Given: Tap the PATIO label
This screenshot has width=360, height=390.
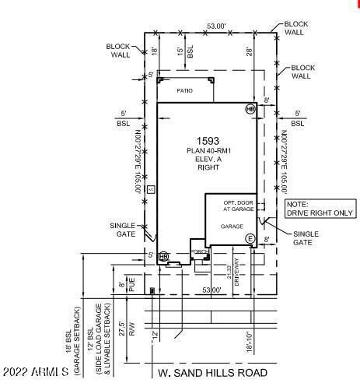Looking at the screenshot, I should [x=184, y=91].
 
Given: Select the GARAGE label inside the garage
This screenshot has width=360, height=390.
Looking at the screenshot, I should [x=232, y=227].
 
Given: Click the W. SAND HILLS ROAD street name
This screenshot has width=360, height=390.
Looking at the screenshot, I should [x=212, y=373].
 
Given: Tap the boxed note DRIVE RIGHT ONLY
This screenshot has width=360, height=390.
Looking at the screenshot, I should [x=319, y=208].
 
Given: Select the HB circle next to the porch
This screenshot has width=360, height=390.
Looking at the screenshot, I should [x=163, y=256].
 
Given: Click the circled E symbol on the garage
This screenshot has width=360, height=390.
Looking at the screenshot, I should [x=250, y=238].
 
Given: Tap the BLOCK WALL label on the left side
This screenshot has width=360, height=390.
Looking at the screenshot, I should [x=119, y=51].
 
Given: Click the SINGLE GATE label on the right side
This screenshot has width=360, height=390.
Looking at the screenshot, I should [x=303, y=237].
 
